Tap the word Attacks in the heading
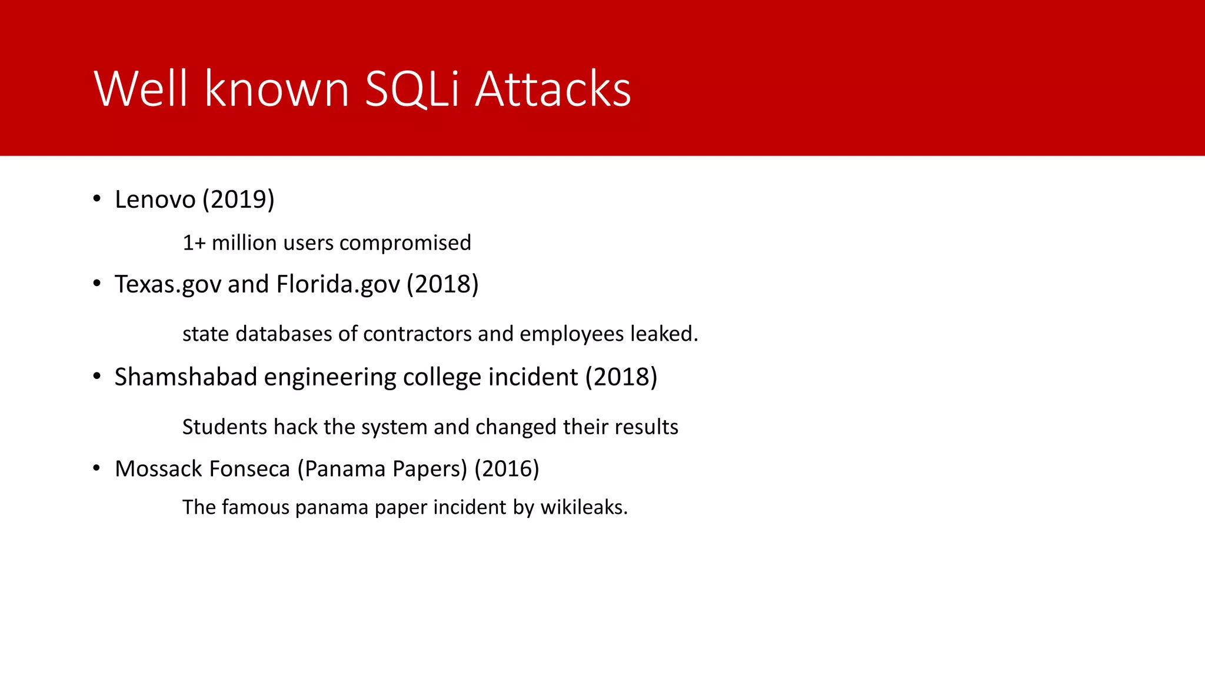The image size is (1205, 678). coord(552,89)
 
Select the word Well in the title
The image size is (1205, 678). coord(141,89)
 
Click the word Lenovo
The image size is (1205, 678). coord(155,200)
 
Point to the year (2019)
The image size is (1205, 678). coord(238,200)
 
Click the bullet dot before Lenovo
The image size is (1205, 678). coord(97,198)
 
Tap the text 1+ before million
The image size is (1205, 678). coord(194,243)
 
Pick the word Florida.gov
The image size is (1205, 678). coord(338,284)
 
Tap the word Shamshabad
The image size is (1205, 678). coord(185,377)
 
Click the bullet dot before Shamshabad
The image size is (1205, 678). coord(97,376)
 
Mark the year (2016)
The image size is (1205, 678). coord(507,469)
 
